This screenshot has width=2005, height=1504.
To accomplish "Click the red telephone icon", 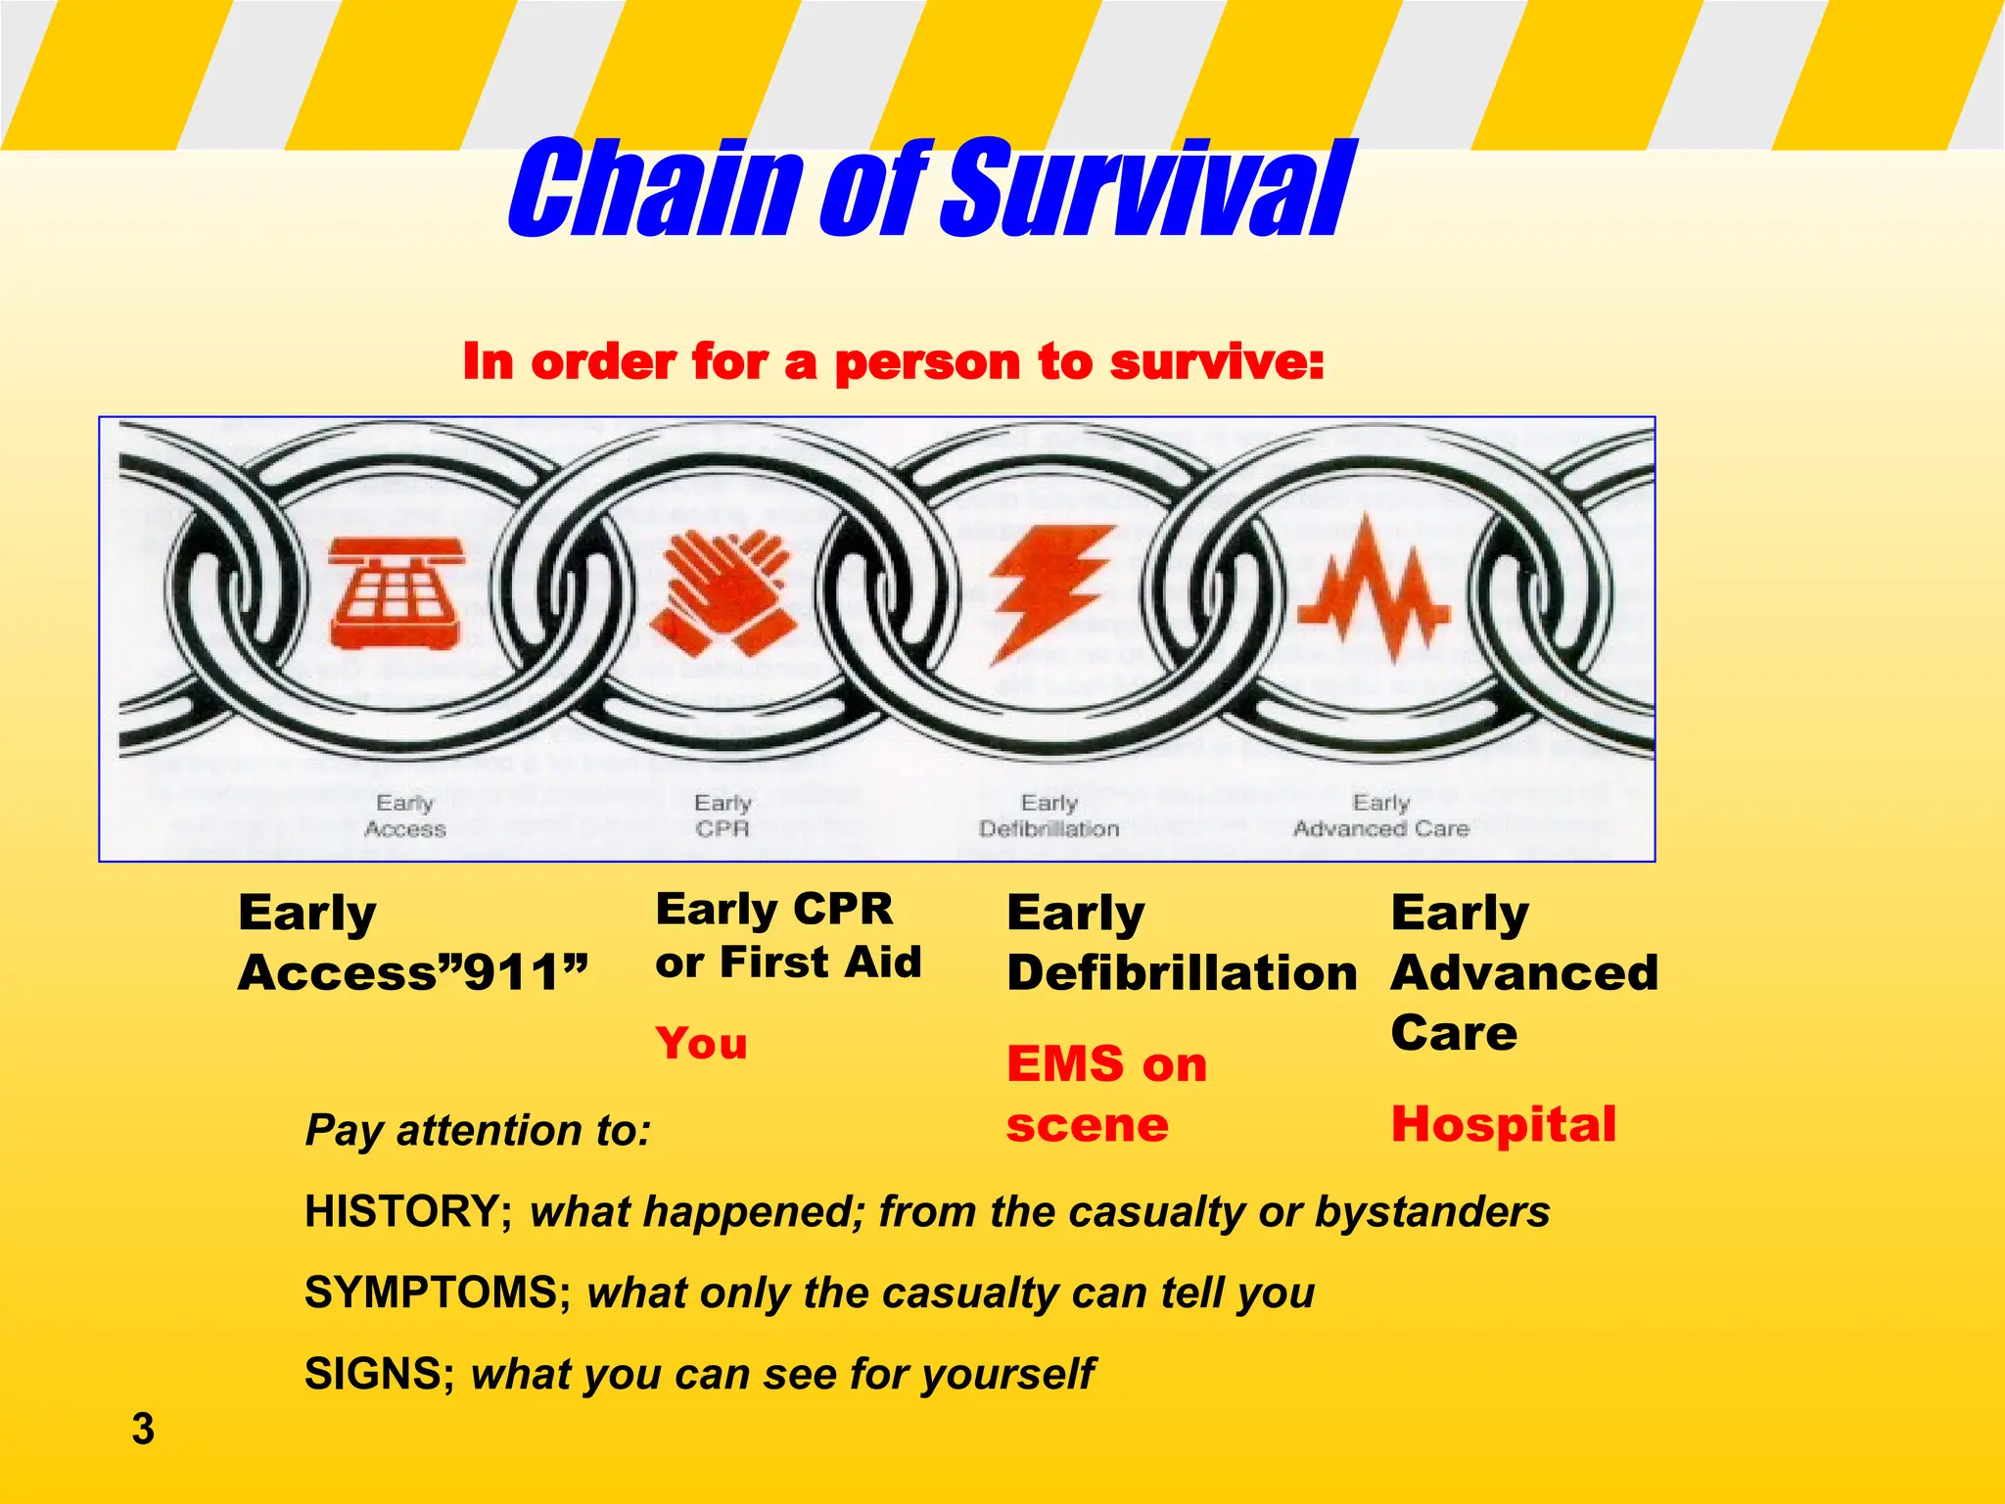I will [393, 593].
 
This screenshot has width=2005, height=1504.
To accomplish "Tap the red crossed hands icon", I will [723, 593].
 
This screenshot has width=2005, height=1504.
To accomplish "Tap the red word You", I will [701, 1044].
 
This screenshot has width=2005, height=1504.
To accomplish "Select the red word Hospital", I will [1503, 1124].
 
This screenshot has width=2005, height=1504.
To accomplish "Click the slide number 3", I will [143, 1430].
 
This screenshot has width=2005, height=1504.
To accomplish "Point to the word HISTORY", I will [402, 1212].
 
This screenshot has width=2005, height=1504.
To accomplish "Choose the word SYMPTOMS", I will [432, 1293].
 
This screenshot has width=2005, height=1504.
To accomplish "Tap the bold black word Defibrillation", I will [1182, 973].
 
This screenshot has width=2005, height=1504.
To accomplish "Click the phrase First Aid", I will [820, 963].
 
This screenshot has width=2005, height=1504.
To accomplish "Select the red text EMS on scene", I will [1106, 1094].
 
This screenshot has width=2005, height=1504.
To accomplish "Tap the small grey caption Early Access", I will [404, 817].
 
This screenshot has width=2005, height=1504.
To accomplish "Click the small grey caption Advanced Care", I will [1380, 829].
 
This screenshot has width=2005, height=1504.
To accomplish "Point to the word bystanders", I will [1431, 1212].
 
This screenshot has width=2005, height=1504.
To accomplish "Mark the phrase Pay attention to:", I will [478, 1131].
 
